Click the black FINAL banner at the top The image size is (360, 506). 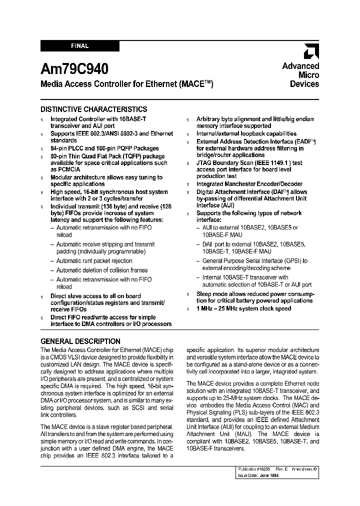pyautogui.click(x=79, y=46)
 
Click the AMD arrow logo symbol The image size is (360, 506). pyautogui.click(x=311, y=51)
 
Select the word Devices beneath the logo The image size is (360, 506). pyautogui.click(x=304, y=84)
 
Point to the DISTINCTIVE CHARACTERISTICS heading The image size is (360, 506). pyautogui.click(x=93, y=109)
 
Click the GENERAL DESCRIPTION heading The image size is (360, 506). pyautogui.click(x=80, y=341)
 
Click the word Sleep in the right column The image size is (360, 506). pyautogui.click(x=204, y=293)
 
